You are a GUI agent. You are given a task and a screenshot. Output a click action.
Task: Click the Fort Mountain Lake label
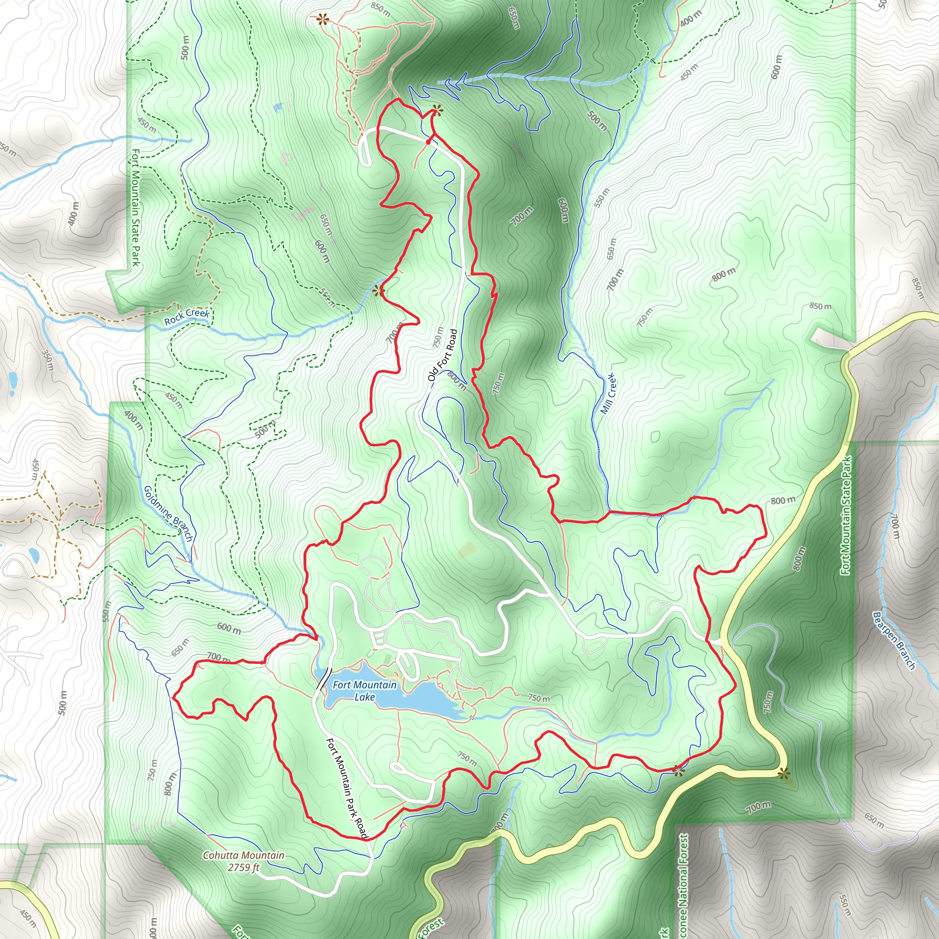[365, 690]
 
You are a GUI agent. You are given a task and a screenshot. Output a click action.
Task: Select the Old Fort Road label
[443, 355]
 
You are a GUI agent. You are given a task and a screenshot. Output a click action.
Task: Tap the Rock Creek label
[187, 317]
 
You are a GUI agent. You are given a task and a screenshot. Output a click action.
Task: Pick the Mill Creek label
[608, 393]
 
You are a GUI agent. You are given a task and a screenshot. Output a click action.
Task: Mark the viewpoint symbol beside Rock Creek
[378, 291]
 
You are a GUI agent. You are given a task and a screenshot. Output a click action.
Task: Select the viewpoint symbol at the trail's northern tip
[437, 111]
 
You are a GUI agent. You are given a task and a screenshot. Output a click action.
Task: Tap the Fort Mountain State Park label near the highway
[846, 515]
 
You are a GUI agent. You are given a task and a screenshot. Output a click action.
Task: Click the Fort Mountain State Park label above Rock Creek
[136, 208]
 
